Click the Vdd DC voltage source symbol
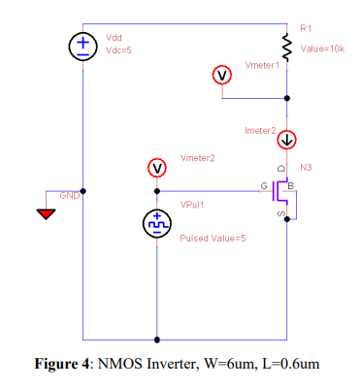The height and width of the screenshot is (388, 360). point(82,47)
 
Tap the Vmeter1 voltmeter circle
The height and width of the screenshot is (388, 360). point(221,76)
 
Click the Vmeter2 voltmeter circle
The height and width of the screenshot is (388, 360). point(156,168)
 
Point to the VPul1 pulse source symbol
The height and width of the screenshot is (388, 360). point(156,224)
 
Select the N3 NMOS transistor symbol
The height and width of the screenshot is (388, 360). point(282,193)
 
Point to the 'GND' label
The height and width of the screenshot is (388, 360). point(70,196)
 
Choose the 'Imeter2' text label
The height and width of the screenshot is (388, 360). point(260,129)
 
